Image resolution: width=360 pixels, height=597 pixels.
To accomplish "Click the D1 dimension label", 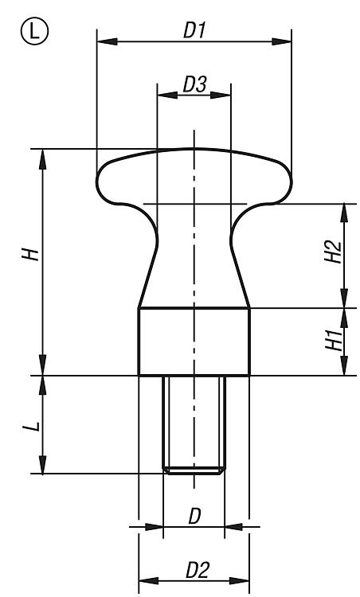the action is click(194, 30).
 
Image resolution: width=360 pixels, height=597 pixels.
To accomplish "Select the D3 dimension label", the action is click(194, 84).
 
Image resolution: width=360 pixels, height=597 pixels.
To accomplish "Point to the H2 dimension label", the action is click(333, 252).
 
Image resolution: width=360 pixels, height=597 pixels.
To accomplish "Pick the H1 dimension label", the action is click(334, 340).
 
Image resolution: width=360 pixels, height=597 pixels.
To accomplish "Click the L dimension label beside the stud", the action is click(31, 426).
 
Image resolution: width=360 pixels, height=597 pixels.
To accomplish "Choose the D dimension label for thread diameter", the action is click(194, 517).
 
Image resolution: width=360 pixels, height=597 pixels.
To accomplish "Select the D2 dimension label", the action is click(198, 571).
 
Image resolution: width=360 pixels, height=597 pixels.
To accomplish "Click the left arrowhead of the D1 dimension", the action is click(107, 41).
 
